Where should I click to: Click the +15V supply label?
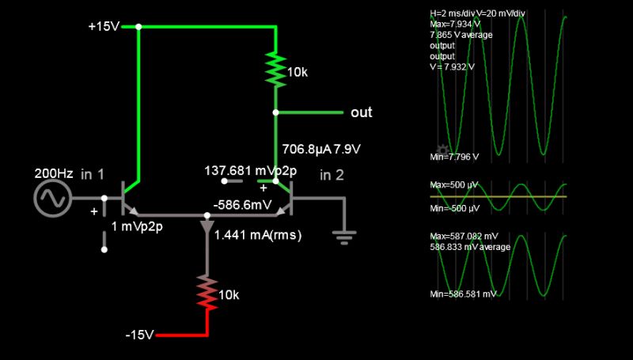[x=104, y=27]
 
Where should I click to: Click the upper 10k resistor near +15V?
[x=275, y=70]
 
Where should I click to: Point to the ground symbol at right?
[x=343, y=234]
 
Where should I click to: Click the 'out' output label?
[x=361, y=112]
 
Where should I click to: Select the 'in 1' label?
[x=93, y=174]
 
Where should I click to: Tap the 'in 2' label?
[x=332, y=175]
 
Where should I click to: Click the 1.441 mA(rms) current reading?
[x=258, y=235]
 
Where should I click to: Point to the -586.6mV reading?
[x=239, y=203]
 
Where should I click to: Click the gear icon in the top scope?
[x=443, y=150]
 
